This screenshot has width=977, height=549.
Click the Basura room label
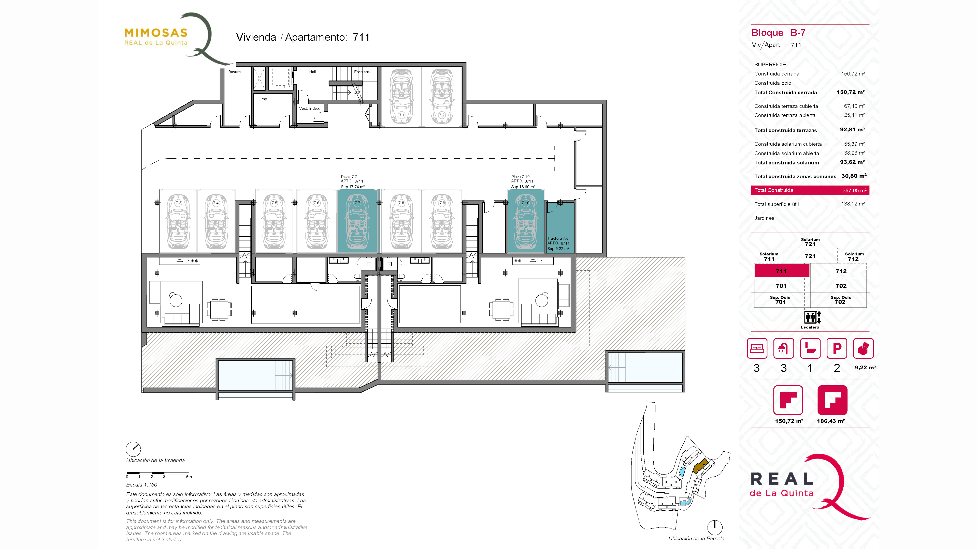click(x=234, y=72)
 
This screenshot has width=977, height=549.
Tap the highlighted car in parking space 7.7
click(x=357, y=221)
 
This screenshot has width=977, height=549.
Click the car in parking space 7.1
click(x=401, y=97)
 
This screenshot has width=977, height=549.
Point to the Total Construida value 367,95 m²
click(x=854, y=190)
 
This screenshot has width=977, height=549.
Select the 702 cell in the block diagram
click(x=841, y=286)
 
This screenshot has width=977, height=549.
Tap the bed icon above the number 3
click(x=757, y=348)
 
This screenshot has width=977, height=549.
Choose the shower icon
click(x=783, y=348)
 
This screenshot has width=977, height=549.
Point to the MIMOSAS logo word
click(x=156, y=33)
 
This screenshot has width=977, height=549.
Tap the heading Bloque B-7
click(x=778, y=33)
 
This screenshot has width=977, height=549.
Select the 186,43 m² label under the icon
click(x=831, y=421)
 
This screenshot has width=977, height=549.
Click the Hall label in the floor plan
click(x=312, y=72)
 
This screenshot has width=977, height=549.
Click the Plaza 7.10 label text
click(x=520, y=177)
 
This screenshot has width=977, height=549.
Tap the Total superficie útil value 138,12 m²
click(x=853, y=204)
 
